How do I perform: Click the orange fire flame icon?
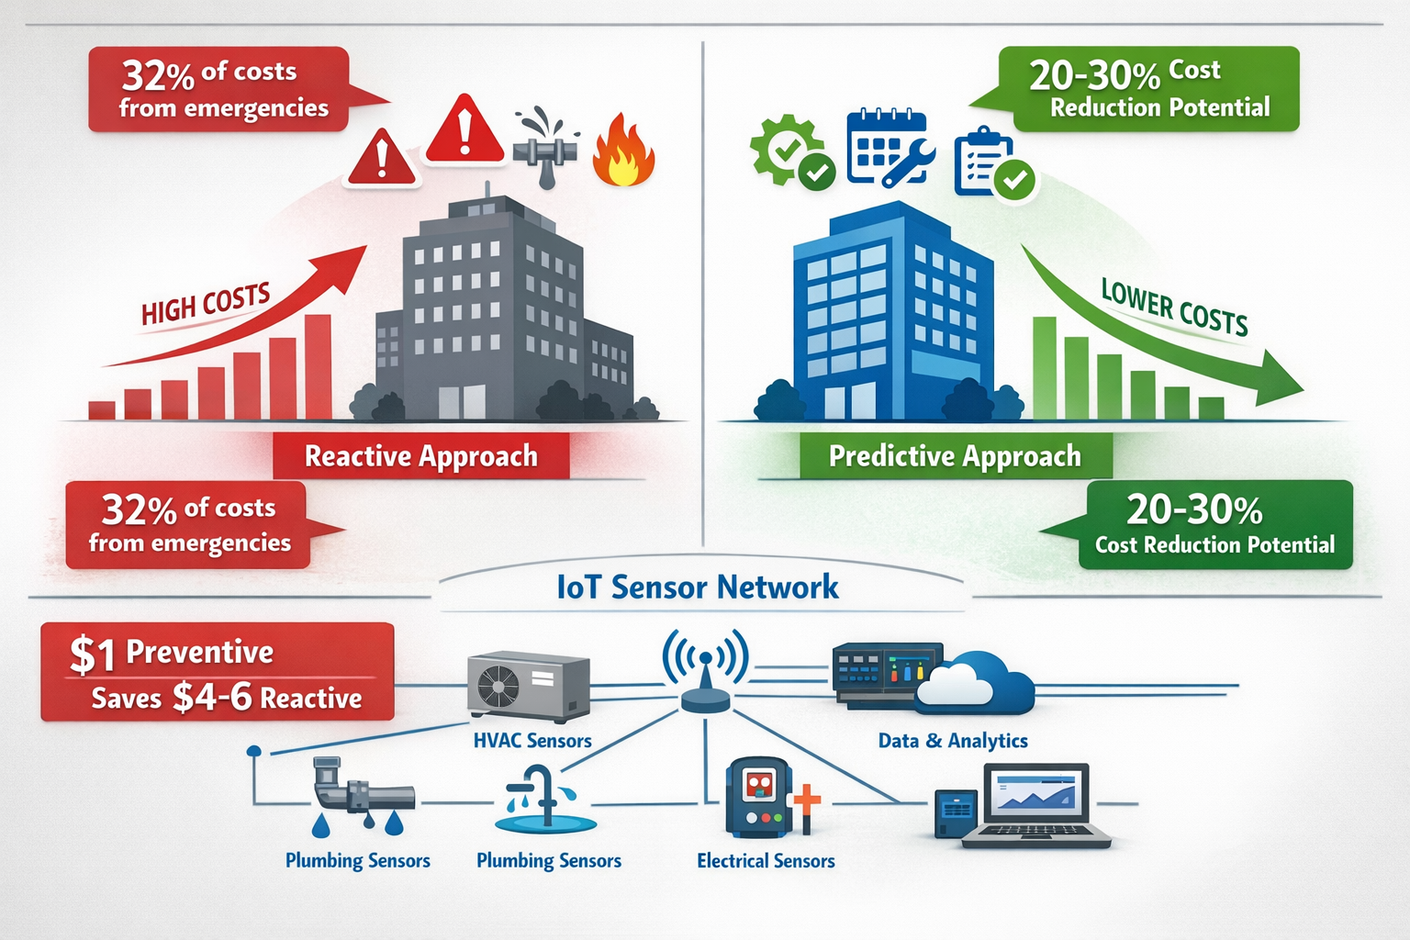pos(623,152)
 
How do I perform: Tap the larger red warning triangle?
pos(464,131)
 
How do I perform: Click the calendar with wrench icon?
pos(889,149)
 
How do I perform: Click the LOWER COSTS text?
pos(1174,308)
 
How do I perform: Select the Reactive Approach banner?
pos(421,456)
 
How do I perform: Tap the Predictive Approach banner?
pos(955,456)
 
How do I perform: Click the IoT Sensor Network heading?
pos(698,587)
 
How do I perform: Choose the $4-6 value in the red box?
pos(212,698)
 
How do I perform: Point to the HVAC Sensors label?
pos(532,741)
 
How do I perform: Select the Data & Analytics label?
pos(953,741)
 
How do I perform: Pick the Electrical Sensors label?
pos(766,861)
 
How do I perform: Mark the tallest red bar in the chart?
pos(318,367)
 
